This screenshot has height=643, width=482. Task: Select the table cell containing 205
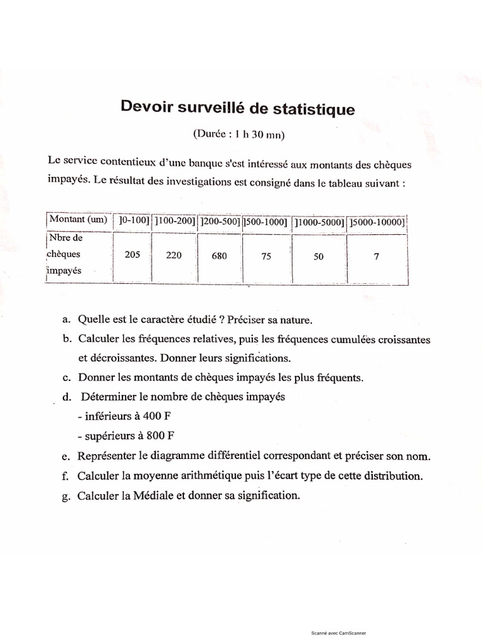[x=132, y=256]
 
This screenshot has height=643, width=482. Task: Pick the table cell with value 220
[x=173, y=256]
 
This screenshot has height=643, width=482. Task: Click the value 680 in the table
[x=219, y=256]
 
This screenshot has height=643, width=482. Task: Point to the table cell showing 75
[x=265, y=256]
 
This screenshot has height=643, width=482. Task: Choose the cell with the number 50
[x=318, y=257]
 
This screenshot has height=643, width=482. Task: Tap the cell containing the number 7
[x=376, y=256]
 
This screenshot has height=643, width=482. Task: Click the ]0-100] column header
[x=131, y=220]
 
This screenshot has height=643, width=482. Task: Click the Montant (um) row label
[x=78, y=219]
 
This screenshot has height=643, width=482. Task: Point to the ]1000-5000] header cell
[x=319, y=222]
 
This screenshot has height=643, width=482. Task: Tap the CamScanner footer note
[x=338, y=633]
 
